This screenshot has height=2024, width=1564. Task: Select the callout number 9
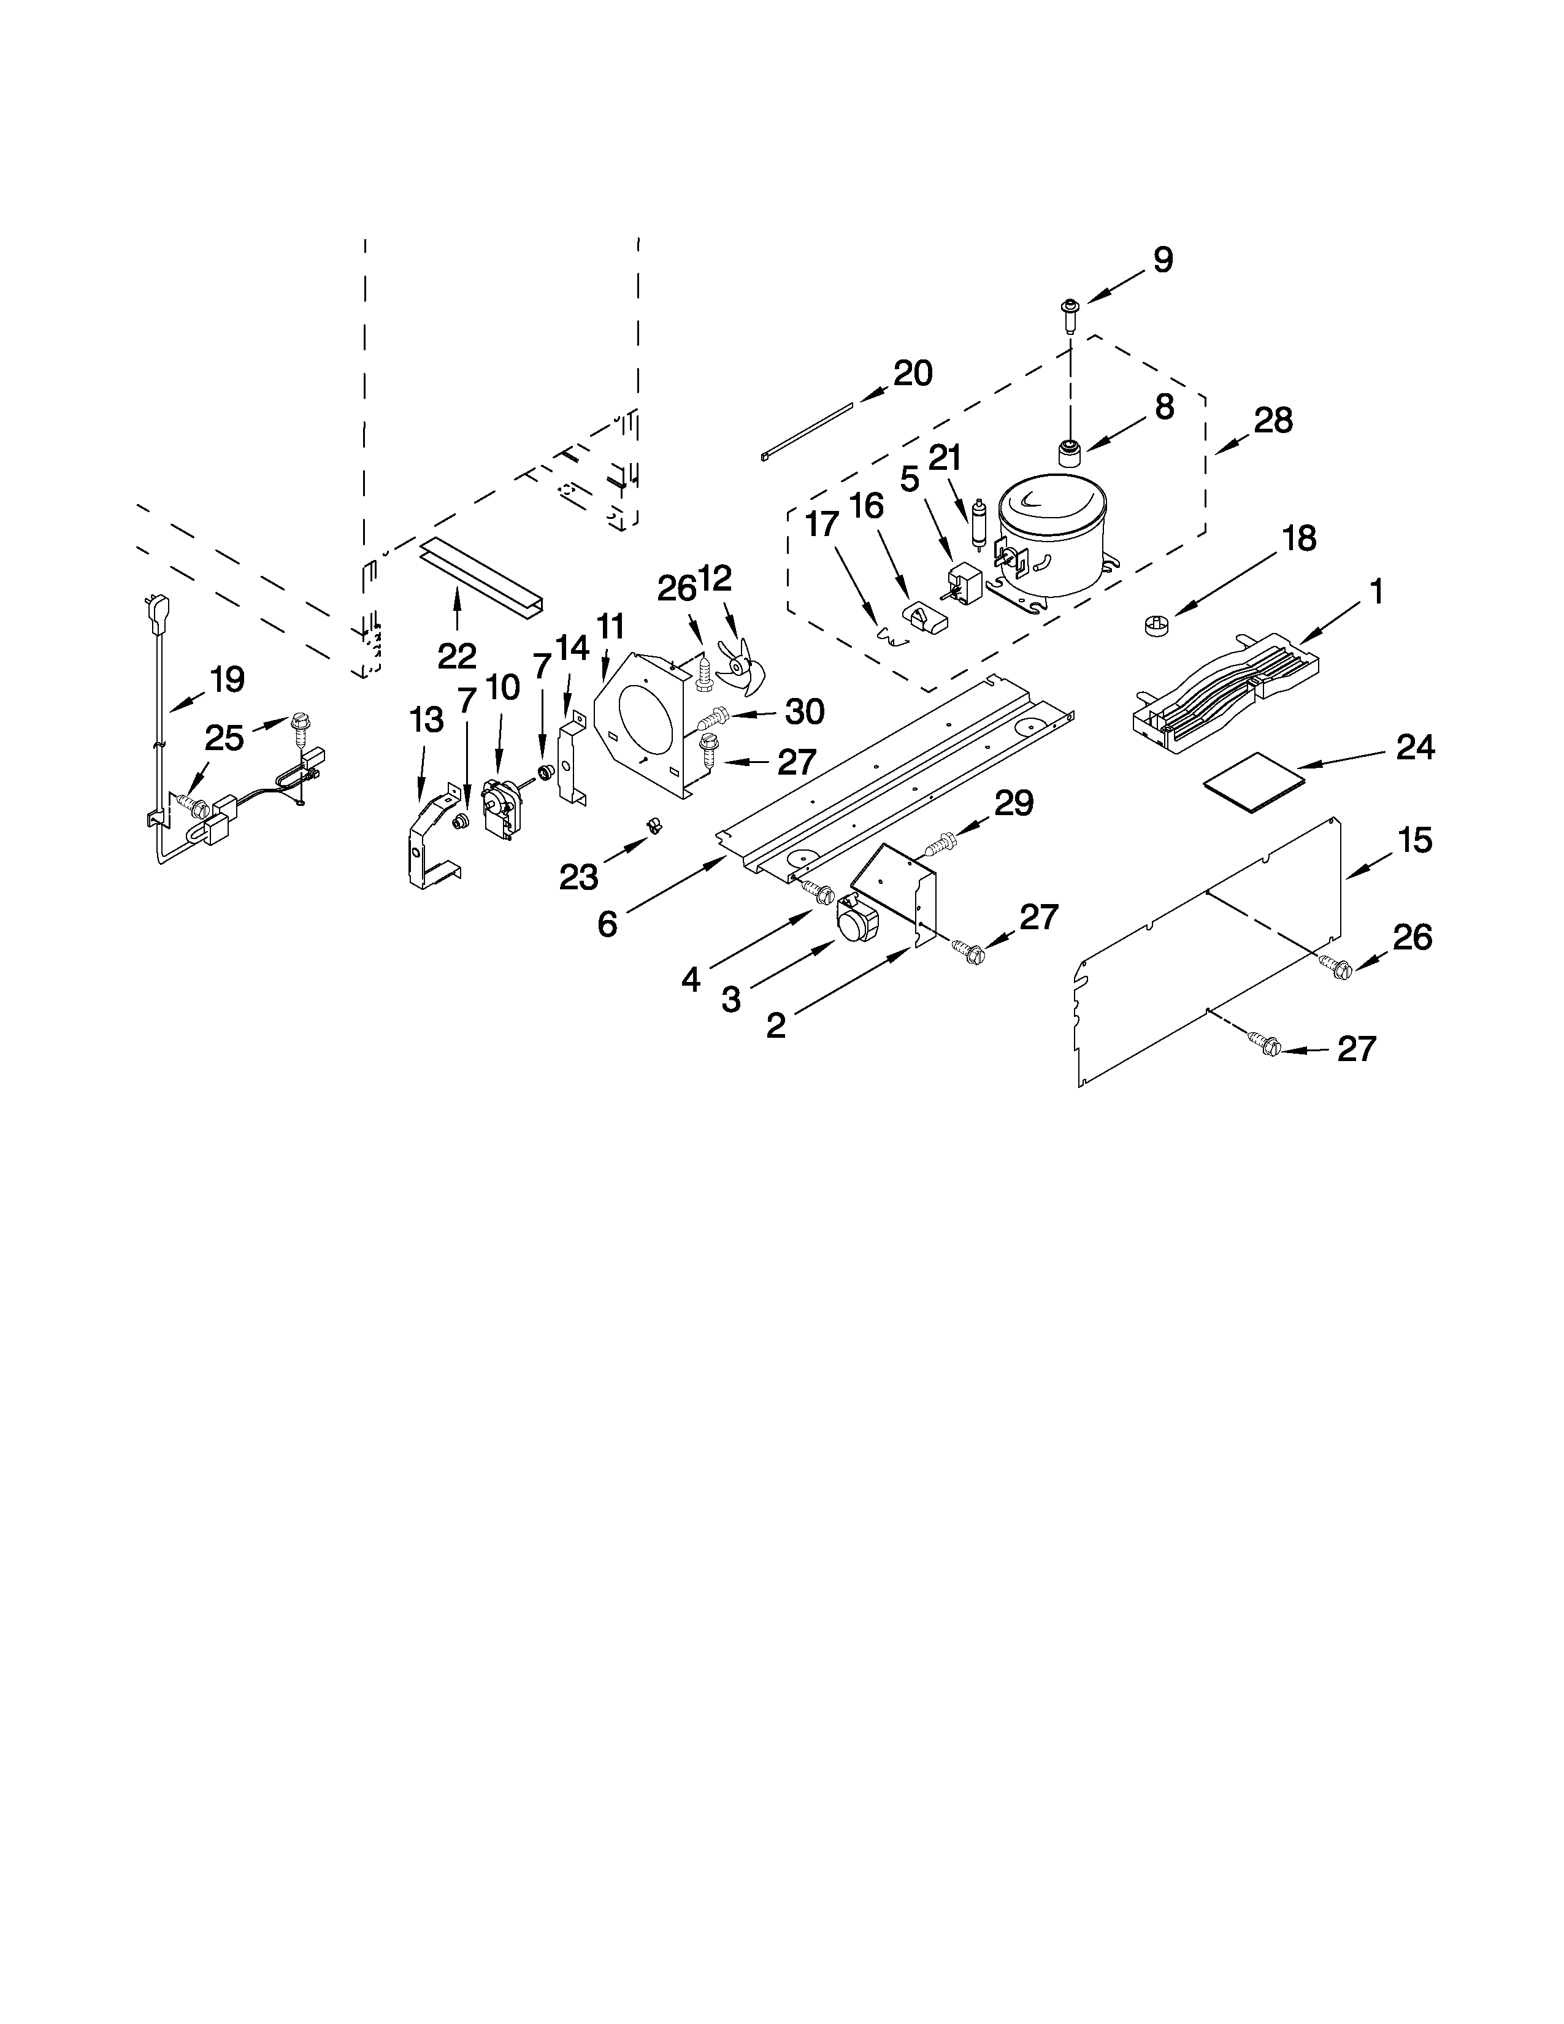coord(1163,261)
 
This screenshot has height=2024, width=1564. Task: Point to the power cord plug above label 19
coord(149,610)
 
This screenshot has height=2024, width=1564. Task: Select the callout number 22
coord(457,656)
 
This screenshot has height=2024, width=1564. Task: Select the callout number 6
coord(607,924)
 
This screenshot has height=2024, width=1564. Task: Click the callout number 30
coord(804,711)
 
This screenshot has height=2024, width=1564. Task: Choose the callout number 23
coord(578,876)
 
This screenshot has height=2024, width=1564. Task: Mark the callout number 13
coord(426,720)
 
